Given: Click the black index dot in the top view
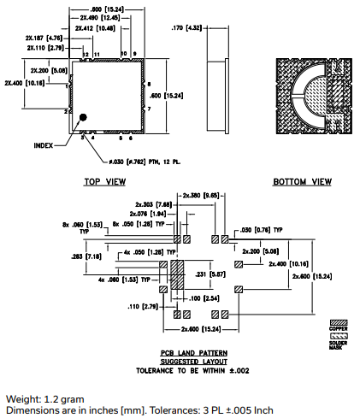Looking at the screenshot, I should (84, 117).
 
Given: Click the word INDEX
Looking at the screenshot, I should (44, 145).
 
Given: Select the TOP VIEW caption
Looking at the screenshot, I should (104, 181).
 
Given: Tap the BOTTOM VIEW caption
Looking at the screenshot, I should (302, 181).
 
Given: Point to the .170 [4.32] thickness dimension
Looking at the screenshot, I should (186, 27).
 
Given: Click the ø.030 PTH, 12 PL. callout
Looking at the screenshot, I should (139, 161).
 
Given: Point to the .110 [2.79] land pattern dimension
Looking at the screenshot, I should (141, 305).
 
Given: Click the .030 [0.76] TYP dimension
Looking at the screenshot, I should (257, 229).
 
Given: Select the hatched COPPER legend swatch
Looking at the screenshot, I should (339, 321).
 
